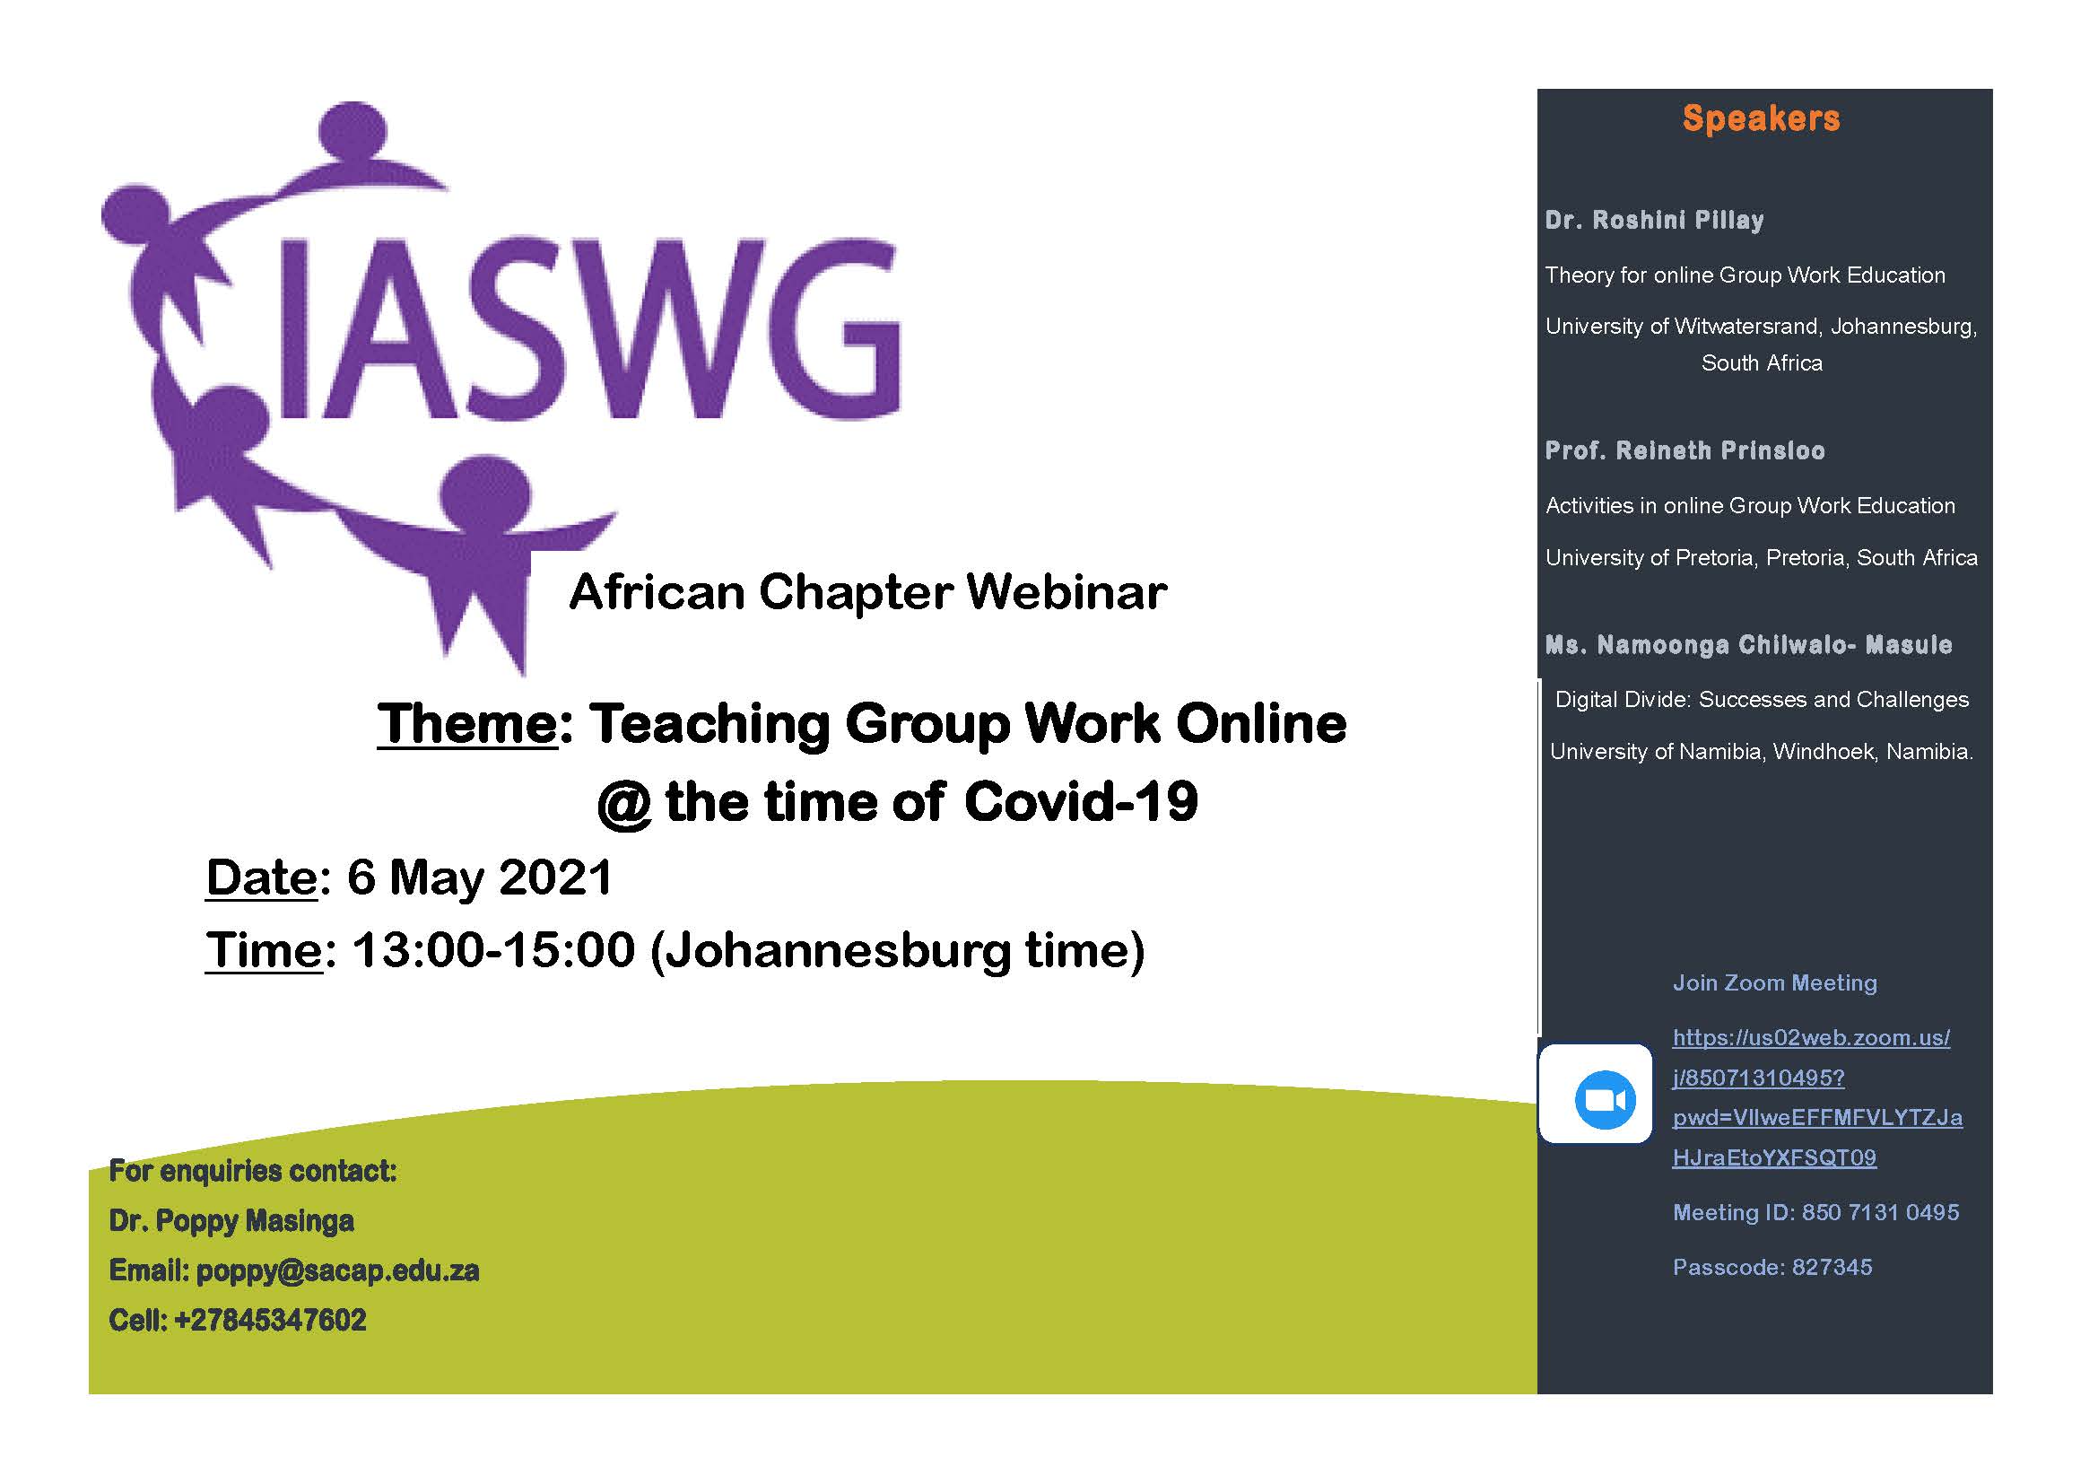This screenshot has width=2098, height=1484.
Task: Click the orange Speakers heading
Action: coord(1761,119)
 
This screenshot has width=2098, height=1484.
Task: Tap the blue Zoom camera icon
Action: coord(1605,1099)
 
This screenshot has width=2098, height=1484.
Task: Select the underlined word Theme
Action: coord(467,725)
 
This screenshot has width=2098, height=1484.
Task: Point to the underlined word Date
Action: coord(261,877)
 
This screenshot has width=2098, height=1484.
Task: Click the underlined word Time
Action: coord(263,950)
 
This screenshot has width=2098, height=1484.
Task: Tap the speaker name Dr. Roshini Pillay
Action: coord(1654,220)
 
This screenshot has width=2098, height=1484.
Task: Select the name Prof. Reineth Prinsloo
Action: coord(1685,450)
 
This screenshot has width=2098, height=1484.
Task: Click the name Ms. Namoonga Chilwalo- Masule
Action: coord(1748,645)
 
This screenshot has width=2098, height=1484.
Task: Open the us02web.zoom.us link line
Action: coord(1811,1038)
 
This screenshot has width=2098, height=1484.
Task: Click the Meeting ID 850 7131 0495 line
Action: coord(1815,1213)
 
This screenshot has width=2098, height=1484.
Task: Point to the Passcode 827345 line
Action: coord(1772,1268)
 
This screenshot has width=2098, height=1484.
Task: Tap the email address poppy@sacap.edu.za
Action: coord(337,1271)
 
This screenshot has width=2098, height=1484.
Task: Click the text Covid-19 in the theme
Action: coord(1080,802)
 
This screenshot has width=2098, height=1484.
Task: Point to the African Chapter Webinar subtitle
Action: coord(867,592)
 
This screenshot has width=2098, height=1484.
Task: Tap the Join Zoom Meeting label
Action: coord(1774,983)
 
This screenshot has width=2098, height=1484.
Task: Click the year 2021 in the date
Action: coord(555,877)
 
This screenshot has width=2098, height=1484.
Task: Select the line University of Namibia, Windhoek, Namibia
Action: coord(1761,752)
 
